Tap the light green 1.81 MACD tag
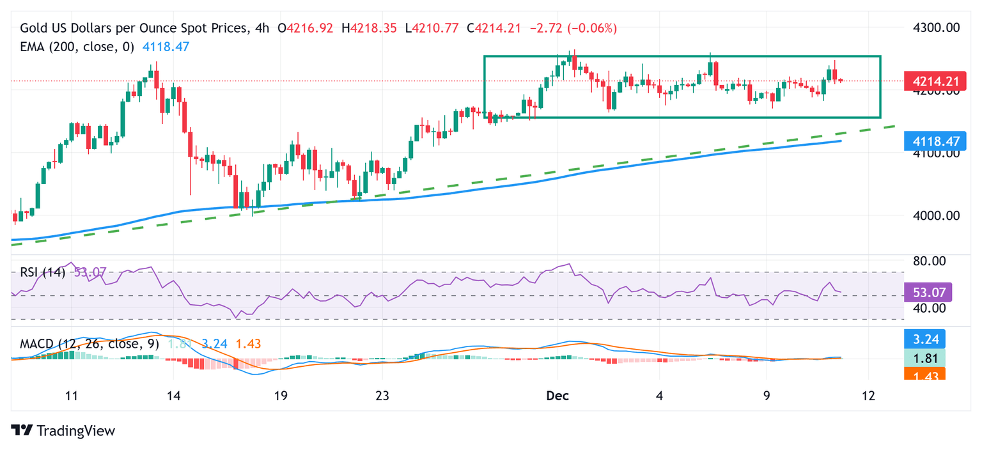(928, 357)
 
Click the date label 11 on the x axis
(72, 395)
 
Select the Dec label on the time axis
(557, 395)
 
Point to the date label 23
(382, 395)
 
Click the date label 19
(280, 395)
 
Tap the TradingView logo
(63, 431)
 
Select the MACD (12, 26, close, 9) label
(89, 344)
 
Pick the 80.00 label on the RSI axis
(928, 261)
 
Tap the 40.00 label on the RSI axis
(928, 307)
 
